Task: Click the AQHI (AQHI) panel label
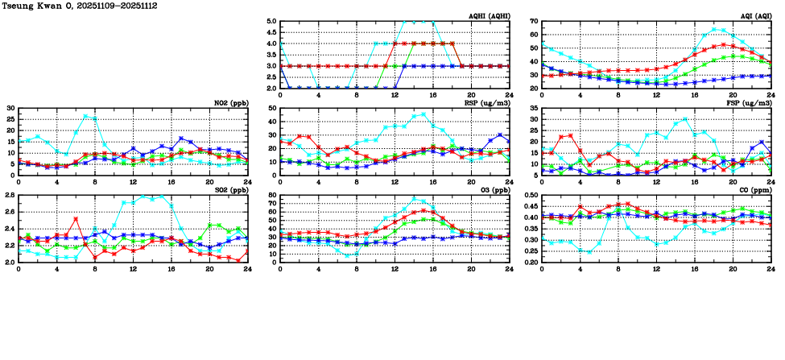pyautogui.click(x=486, y=16)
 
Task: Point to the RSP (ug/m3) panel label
pyautogui.click(x=485, y=103)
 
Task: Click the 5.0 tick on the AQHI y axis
pyautogui.click(x=271, y=22)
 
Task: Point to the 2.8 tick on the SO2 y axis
pyautogui.click(x=9, y=196)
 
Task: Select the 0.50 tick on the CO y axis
pyautogui.click(x=531, y=196)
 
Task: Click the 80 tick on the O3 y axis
pyautogui.click(x=272, y=196)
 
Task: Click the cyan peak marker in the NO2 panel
pyautogui.click(x=86, y=116)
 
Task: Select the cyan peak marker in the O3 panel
pyautogui.click(x=415, y=199)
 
